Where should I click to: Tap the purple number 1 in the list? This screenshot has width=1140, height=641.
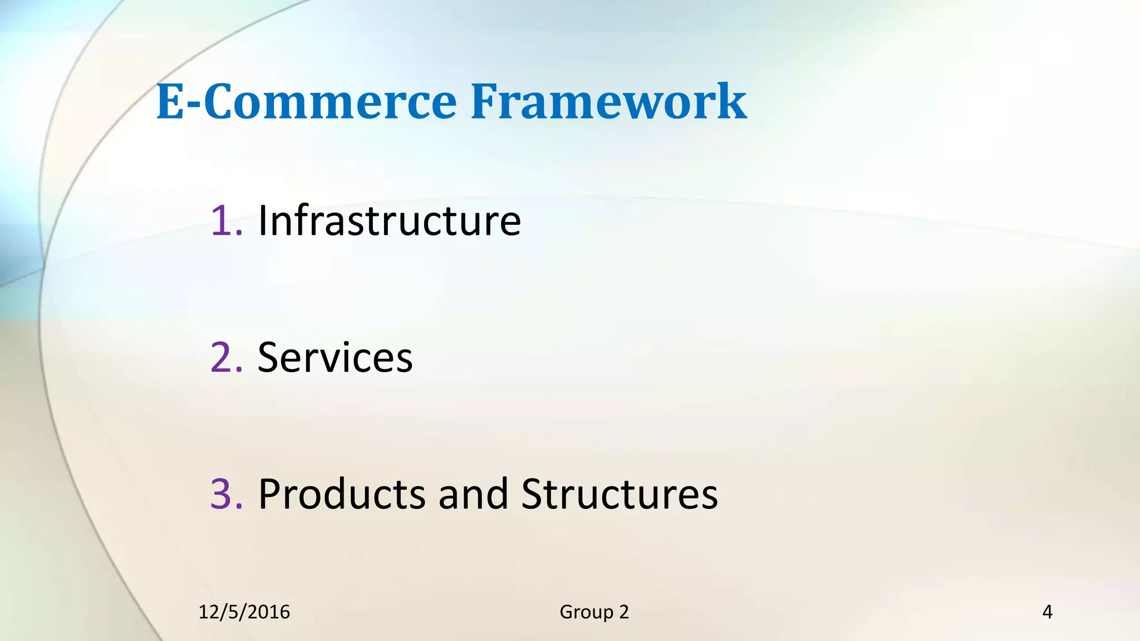[222, 221]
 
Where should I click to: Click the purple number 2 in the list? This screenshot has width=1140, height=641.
[222, 357]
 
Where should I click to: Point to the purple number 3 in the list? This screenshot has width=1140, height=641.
[222, 494]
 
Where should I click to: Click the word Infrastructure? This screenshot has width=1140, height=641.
[389, 221]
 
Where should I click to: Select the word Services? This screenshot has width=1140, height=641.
[335, 357]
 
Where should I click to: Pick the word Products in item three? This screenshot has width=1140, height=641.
[342, 494]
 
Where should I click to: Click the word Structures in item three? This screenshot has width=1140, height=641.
[620, 494]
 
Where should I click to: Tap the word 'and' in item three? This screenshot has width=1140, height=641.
[473, 494]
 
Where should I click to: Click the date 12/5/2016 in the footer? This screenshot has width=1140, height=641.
[244, 612]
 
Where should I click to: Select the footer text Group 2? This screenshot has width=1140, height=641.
[594, 612]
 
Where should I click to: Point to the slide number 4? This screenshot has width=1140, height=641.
[1047, 612]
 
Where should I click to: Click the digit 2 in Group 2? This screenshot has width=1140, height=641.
[624, 612]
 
